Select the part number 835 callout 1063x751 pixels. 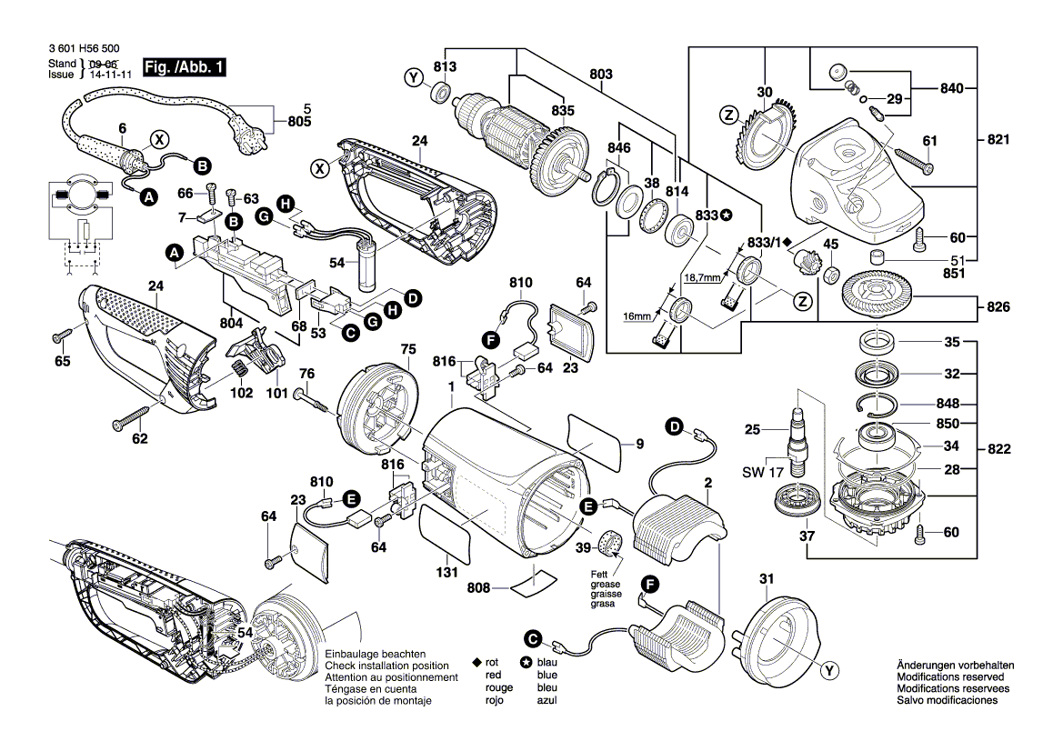[563, 110]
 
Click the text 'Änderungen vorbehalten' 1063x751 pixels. [950, 665]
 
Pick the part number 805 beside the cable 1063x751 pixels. [298, 122]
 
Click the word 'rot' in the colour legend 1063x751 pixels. [493, 664]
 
